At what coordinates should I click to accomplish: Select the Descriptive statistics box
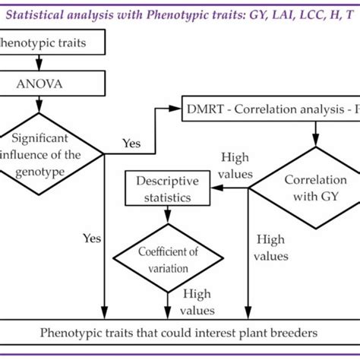166,189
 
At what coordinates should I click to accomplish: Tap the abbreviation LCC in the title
303,14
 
